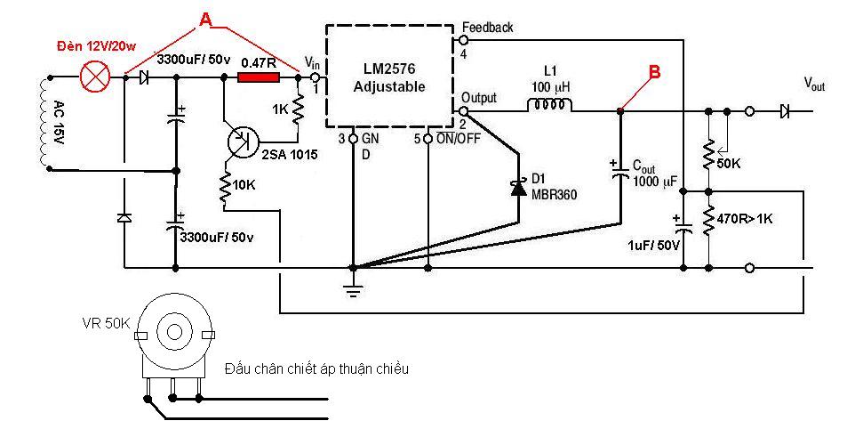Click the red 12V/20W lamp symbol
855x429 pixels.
pos(95,77)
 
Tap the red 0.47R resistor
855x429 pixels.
pos(259,77)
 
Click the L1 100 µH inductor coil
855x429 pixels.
pos(549,104)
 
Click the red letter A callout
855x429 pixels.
pos(205,20)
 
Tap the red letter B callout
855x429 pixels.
pos(654,71)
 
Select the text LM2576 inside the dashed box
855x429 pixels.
pos(389,69)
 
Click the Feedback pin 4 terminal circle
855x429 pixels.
pos(463,39)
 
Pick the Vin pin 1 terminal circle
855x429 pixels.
pos(314,77)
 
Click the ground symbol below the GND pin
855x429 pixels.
pos(354,288)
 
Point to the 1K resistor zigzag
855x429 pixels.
pos(298,109)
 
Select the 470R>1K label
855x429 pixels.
pos(745,219)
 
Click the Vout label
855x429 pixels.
pos(814,84)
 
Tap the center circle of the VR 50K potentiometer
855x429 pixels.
pos(174,331)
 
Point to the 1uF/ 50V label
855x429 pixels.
pos(653,245)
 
